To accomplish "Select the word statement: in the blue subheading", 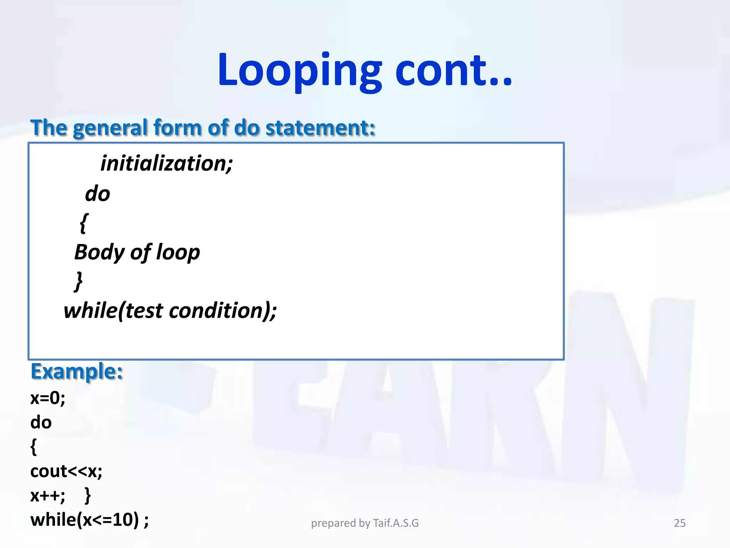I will point(320,128).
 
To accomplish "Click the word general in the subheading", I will point(110,128).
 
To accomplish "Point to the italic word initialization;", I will point(166,163).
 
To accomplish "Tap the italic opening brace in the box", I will point(84,223).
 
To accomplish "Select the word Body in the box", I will point(99,253).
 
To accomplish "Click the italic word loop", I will point(178,253).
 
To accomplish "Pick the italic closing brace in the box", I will point(79,281).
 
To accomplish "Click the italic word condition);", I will point(222,311).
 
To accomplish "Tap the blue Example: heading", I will point(77,371).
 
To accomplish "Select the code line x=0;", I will point(48,398).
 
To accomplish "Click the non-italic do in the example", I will point(41,422).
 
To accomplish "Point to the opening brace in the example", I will point(34,447).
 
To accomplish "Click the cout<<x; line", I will point(66,471).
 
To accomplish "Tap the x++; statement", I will point(48,496).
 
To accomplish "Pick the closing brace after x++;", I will point(88,496).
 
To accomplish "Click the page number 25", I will point(679,523).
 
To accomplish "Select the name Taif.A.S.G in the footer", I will point(396,523).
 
